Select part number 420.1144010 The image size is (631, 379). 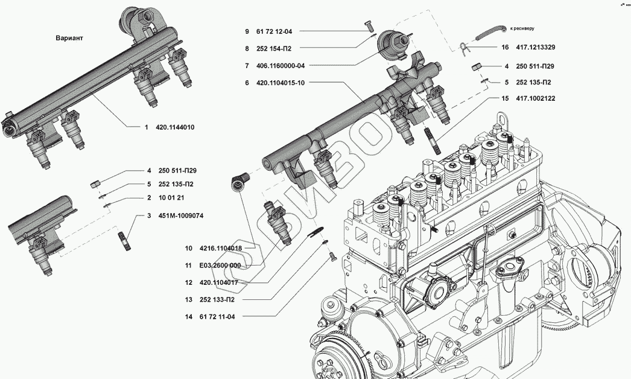(x=175, y=127)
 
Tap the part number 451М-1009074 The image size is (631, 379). (x=179, y=215)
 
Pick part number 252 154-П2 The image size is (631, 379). (x=277, y=48)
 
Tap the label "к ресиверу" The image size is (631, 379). (x=522, y=28)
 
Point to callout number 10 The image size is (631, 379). (x=189, y=248)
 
